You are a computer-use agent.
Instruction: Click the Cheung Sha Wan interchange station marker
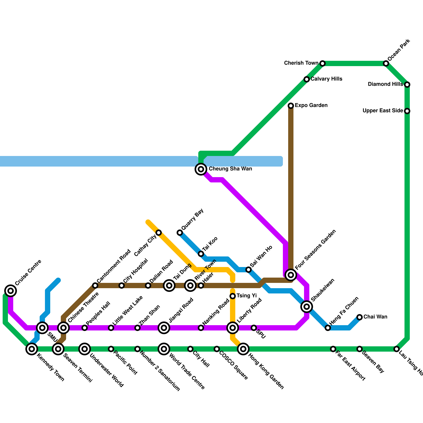[201, 169]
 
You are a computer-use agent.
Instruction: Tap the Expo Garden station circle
[291, 106]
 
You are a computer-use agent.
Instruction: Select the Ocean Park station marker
[386, 63]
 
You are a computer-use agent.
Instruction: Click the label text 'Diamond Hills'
[385, 84]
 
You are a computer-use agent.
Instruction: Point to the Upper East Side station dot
[407, 111]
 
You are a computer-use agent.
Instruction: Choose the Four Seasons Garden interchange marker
[291, 275]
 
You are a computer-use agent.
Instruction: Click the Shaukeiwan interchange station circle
[307, 307]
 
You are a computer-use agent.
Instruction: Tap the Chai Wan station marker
[360, 317]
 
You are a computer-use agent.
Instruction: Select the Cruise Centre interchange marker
[11, 291]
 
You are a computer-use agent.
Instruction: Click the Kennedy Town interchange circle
[32, 349]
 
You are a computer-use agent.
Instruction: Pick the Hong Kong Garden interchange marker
[243, 349]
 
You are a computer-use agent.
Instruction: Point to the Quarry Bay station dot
[180, 233]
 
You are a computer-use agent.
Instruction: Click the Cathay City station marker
[159, 233]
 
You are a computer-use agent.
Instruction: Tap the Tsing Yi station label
[246, 296]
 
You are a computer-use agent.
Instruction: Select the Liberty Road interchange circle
[233, 328]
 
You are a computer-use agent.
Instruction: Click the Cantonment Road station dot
[95, 286]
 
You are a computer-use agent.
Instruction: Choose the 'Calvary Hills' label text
[326, 79]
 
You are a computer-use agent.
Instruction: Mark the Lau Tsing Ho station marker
[397, 349]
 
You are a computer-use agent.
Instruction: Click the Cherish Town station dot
[323, 63]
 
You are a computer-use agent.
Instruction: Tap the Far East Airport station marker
[333, 349]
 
